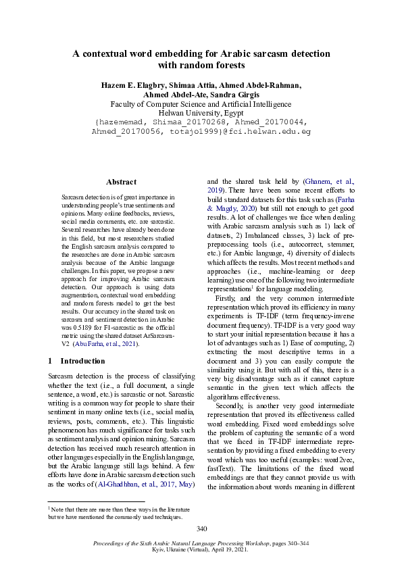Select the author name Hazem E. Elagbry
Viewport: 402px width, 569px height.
click(133, 85)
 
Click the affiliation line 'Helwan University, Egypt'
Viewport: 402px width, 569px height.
click(201, 114)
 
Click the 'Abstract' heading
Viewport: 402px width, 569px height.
click(122, 182)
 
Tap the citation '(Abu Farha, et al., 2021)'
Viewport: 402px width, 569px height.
click(111, 344)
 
